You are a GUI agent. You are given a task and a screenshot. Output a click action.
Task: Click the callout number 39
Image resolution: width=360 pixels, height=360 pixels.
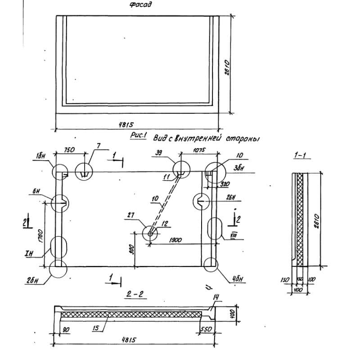tap(159, 153)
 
